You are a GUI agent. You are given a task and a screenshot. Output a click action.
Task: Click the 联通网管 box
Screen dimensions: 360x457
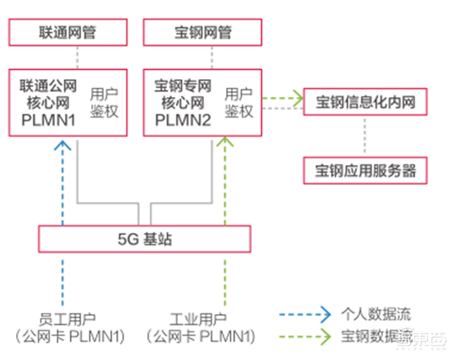[x=67, y=33]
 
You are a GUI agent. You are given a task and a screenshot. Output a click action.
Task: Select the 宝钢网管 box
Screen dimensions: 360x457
[x=202, y=33]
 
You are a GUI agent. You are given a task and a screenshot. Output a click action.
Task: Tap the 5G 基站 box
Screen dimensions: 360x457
[x=144, y=239]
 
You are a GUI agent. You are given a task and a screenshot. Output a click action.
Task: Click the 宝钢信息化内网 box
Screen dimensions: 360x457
[x=365, y=103]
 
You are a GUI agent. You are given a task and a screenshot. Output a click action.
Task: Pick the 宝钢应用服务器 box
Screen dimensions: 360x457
[x=365, y=170]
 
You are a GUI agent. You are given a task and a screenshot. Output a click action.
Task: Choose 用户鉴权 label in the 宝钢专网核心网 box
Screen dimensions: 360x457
[x=239, y=103]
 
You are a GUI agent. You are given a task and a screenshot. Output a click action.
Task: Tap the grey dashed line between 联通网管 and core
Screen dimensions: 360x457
[x=77, y=58]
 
